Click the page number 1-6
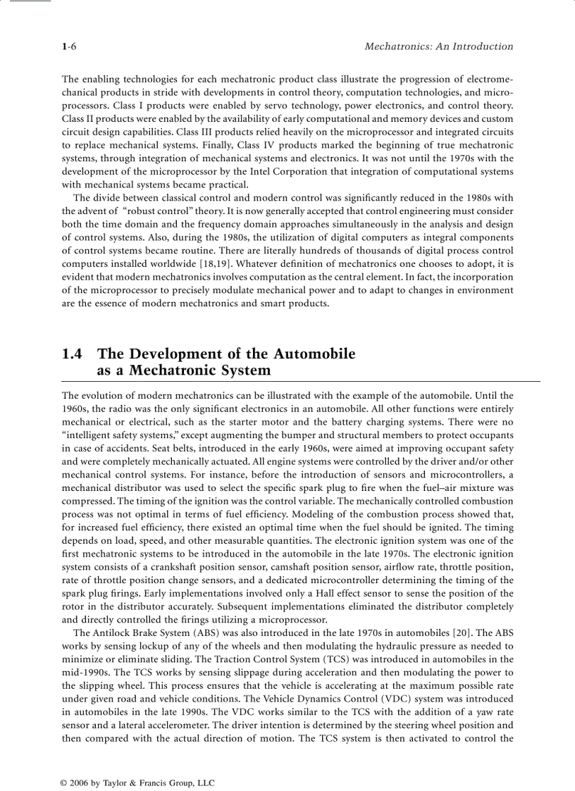pyautogui.click(x=69, y=46)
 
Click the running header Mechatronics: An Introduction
pyautogui.click(x=438, y=46)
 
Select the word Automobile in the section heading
pyautogui.click(x=314, y=354)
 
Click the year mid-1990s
pyautogui.click(x=85, y=673)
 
